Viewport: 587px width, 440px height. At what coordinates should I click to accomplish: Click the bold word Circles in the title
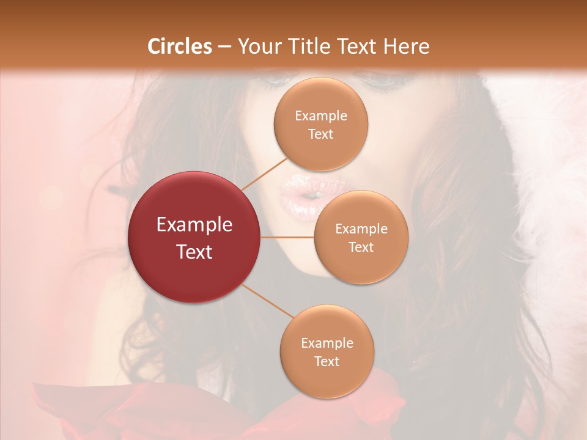coord(179,46)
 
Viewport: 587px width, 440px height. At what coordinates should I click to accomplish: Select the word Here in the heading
coord(407,46)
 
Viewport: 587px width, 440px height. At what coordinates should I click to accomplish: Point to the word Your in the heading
coord(257,46)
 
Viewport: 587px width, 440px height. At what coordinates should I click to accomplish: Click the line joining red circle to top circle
coord(264,174)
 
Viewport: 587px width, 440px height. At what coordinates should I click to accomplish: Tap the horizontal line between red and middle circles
coord(287,237)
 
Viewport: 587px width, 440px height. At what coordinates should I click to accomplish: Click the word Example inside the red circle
coord(194,225)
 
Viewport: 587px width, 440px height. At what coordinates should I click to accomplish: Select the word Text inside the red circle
coord(194,252)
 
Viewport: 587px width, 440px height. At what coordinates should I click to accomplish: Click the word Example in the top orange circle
coord(320,116)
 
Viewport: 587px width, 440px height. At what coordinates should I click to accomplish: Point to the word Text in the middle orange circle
coord(361,247)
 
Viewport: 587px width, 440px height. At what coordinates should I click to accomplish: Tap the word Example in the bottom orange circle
coord(327,343)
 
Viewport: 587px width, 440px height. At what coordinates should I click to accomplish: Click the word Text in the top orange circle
coord(320,134)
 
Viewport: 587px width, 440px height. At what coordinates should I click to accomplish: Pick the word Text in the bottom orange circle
coord(327,361)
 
